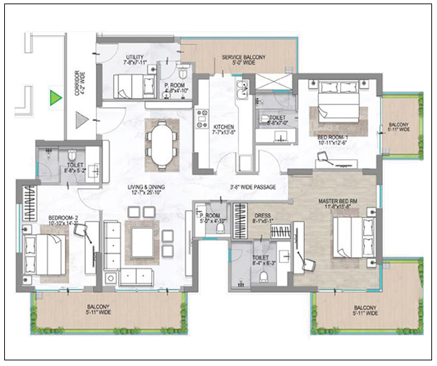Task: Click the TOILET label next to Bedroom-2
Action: click(76, 157)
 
